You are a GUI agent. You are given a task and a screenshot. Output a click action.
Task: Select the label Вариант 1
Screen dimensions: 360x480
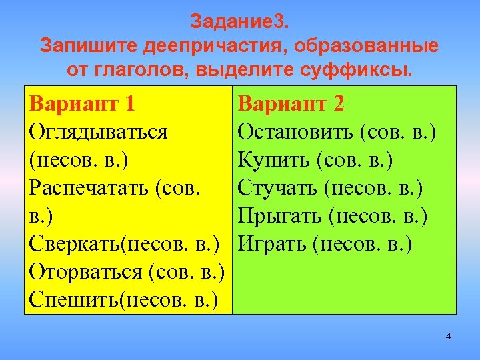click(x=82, y=104)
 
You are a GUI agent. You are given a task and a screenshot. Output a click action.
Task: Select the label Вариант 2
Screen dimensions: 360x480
click(x=291, y=104)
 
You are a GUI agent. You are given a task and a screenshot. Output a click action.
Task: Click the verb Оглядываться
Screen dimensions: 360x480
click(x=98, y=132)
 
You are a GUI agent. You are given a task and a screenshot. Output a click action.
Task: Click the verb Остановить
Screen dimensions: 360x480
click(x=295, y=132)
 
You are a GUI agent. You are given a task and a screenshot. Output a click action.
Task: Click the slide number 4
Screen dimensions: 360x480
click(x=448, y=336)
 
